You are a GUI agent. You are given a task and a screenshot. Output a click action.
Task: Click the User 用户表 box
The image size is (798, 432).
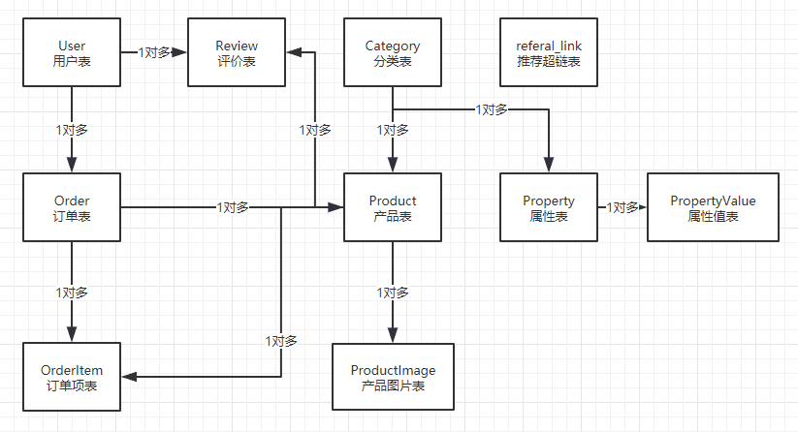click(x=72, y=52)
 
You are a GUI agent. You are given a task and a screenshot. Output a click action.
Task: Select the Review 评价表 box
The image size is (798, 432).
click(x=237, y=52)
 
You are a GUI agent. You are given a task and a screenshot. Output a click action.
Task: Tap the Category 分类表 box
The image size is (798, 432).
click(x=393, y=52)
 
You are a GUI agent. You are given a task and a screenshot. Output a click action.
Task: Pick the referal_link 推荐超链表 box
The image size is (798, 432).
click(x=549, y=52)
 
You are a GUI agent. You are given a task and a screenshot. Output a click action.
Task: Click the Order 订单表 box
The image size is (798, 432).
click(x=72, y=207)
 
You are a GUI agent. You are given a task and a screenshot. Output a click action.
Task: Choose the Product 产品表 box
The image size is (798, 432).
click(x=393, y=207)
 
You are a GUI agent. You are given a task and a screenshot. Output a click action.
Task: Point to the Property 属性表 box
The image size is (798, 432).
click(x=549, y=207)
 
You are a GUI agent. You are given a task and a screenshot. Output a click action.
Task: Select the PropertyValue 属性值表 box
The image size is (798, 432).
click(x=713, y=207)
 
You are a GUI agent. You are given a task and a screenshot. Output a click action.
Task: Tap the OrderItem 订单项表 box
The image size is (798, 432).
click(x=72, y=377)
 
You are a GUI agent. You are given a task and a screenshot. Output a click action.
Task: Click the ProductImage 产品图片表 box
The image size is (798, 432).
click(x=393, y=377)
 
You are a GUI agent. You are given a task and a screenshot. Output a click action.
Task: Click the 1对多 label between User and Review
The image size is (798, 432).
click(x=154, y=52)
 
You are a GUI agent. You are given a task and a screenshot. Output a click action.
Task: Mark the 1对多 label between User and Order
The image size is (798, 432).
click(x=72, y=130)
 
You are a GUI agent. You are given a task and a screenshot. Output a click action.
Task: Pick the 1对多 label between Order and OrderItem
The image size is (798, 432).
click(x=72, y=293)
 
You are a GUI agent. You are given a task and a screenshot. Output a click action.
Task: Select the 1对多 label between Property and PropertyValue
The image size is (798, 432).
click(x=622, y=207)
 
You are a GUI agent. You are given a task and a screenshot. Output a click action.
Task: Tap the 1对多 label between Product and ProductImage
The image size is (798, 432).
click(x=393, y=293)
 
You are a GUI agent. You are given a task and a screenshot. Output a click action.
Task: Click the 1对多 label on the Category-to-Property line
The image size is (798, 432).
click(x=492, y=109)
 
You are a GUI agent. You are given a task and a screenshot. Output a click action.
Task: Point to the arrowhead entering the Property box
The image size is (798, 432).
click(x=549, y=165)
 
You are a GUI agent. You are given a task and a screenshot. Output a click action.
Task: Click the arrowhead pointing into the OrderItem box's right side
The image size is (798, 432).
click(x=129, y=377)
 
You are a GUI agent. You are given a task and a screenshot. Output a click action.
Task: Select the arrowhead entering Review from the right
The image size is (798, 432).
click(x=294, y=52)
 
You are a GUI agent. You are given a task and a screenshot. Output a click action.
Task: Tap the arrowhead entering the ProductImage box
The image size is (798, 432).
click(x=393, y=335)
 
